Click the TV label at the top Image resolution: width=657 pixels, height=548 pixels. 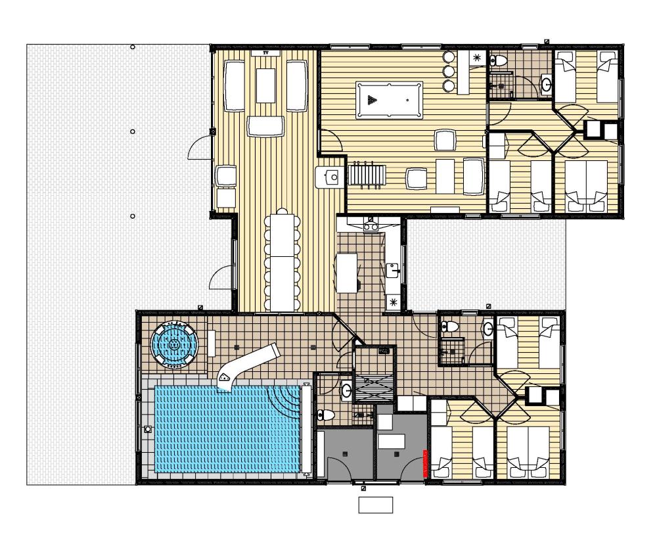click(265, 53)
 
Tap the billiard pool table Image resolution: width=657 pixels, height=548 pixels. click(389, 100)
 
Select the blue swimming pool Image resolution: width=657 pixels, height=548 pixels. click(228, 429)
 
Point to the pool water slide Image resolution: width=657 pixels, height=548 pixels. click(247, 367)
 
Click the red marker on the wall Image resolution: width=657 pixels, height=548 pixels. click(425, 463)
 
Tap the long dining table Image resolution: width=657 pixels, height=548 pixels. click(283, 262)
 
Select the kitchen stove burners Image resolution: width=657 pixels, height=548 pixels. click(370, 226)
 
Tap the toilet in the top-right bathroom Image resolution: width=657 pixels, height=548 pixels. click(498, 60)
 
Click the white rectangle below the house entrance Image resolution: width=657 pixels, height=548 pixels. click(375, 505)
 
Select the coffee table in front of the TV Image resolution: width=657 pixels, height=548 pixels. click(265, 85)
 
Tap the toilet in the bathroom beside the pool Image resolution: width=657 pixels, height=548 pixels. click(326, 415)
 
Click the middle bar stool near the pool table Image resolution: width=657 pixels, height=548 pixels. click(449, 71)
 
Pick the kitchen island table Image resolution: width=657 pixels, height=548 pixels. click(347, 273)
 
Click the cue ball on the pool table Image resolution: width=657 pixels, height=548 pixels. click(407, 100)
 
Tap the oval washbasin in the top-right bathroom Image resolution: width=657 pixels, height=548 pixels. click(546, 85)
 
